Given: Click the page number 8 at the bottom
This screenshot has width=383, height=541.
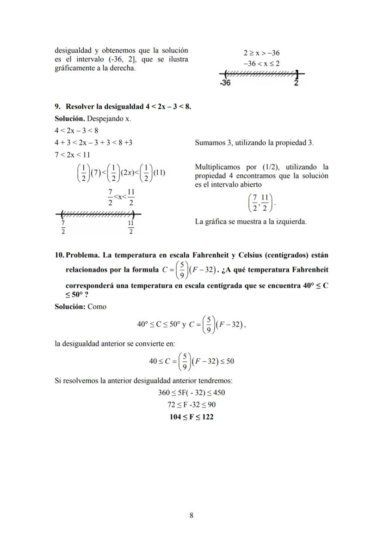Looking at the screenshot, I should [x=191, y=516].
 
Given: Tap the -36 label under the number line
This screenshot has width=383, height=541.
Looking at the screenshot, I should [x=225, y=83].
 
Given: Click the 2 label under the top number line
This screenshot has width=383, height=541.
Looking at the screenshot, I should [x=296, y=83].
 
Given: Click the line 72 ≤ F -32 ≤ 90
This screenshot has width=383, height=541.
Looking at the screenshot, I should [x=191, y=405].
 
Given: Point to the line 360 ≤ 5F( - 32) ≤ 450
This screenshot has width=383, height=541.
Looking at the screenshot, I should [x=191, y=393].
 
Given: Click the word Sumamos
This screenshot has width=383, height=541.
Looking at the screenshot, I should [x=210, y=143].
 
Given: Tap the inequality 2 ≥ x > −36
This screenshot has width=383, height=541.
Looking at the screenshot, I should [x=261, y=53].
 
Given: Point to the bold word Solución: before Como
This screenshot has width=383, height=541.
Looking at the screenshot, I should [x=70, y=307].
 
